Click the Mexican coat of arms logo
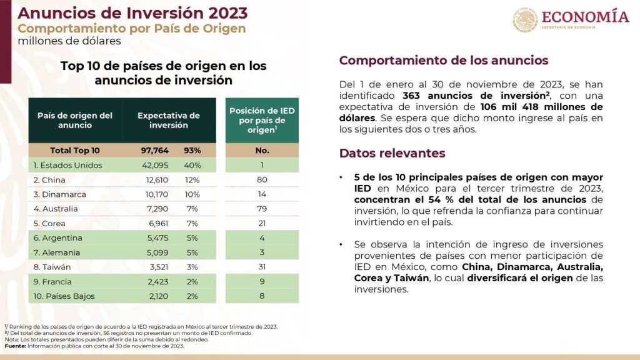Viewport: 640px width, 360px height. pyautogui.click(x=526, y=20)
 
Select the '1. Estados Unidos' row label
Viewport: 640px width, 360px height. pyautogui.click(x=67, y=166)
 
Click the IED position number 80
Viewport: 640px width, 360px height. pyautogui.click(x=262, y=180)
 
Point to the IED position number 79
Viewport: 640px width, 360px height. pyautogui.click(x=262, y=209)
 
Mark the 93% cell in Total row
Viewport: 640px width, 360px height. pyautogui.click(x=192, y=151)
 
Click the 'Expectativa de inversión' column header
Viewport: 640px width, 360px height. pyautogui.click(x=169, y=120)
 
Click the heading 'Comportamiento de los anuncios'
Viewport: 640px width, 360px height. pyautogui.click(x=443, y=61)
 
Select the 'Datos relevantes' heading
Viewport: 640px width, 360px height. pyautogui.click(x=392, y=153)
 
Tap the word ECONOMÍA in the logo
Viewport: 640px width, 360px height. pyautogui.click(x=586, y=17)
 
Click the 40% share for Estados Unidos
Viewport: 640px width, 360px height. pyautogui.click(x=192, y=166)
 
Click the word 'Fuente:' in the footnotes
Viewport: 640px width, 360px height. pyautogui.click(x=16, y=346)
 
